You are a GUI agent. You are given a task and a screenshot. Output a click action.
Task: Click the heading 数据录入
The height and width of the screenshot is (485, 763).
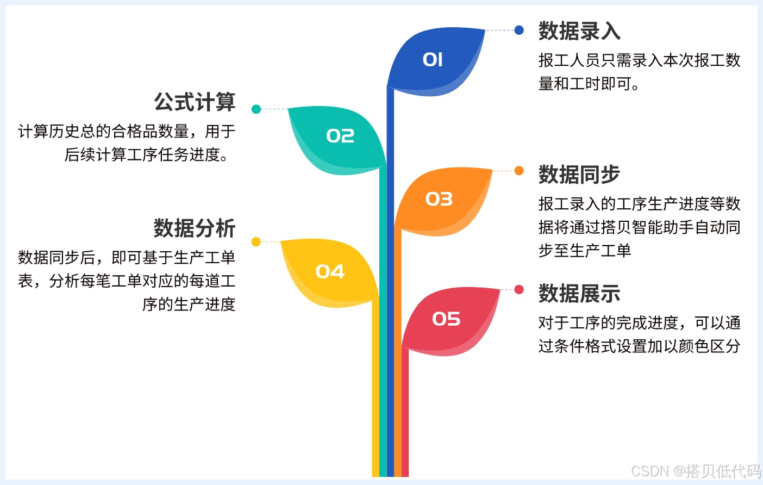tap(579, 31)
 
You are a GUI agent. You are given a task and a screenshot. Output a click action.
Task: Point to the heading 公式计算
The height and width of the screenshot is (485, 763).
tap(195, 102)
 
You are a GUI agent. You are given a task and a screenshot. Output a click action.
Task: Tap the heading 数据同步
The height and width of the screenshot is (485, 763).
tap(579, 175)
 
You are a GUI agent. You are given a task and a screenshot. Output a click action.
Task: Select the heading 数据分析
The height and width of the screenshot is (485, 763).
tap(195, 228)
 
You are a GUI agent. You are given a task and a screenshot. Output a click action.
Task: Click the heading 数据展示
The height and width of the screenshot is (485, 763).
tap(579, 294)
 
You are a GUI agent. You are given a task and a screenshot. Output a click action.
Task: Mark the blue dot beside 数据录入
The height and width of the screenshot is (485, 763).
tap(519, 30)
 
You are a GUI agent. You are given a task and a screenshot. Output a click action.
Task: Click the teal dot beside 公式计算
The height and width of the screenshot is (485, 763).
tap(257, 109)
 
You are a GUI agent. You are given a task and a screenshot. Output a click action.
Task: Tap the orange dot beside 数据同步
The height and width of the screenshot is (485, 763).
tap(519, 171)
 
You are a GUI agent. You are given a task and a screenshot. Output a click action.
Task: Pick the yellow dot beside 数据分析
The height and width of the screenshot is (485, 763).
tap(256, 241)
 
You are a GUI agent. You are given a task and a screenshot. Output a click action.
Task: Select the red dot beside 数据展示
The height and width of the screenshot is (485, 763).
tap(519, 289)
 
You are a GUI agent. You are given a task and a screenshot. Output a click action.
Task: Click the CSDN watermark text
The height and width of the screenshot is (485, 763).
tap(696, 471)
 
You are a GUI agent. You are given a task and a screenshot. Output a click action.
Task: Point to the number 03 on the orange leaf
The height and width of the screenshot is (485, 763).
tap(439, 199)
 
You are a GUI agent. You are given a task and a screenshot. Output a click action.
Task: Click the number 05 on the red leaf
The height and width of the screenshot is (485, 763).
tap(446, 319)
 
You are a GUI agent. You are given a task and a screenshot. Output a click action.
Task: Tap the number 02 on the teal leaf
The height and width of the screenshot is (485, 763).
tap(340, 135)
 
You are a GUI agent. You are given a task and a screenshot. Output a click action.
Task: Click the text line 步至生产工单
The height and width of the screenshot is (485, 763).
tap(585, 251)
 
